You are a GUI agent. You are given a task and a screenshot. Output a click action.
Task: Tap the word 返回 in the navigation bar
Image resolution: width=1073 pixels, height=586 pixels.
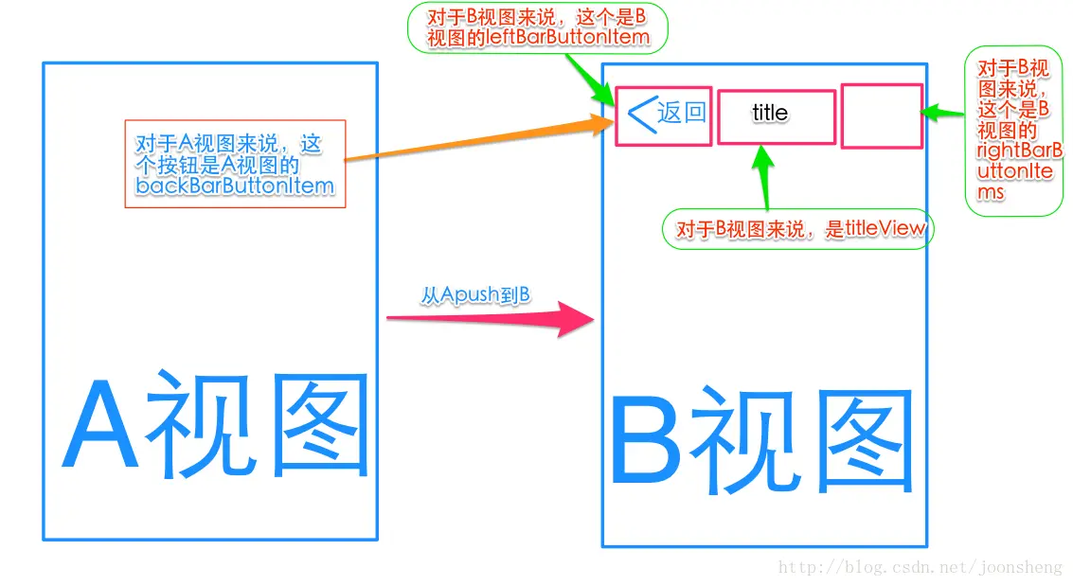682,113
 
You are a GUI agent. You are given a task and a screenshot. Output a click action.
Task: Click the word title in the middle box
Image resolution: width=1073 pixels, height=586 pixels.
769,113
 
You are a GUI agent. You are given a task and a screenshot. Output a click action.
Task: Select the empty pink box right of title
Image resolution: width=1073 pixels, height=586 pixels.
882,115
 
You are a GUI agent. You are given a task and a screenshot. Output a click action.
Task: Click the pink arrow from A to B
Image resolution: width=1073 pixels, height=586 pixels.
492,319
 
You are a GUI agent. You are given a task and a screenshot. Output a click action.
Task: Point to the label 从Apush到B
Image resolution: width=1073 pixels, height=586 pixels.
475,295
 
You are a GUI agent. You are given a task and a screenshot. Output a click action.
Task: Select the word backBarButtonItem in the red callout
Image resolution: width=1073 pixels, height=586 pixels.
235,186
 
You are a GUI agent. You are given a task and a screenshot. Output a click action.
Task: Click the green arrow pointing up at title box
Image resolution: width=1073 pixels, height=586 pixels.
762,175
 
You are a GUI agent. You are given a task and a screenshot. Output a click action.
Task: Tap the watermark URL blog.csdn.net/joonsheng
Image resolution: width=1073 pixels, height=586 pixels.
920,568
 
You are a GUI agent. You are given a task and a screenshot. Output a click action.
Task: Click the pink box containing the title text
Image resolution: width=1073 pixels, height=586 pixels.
777,117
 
